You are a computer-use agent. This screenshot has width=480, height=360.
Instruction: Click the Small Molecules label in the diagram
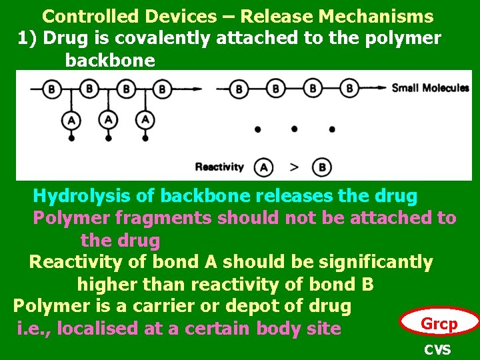tap(430, 88)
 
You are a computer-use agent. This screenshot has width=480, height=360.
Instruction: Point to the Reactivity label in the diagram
tap(219, 167)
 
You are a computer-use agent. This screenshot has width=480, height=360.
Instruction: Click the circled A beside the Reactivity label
tap(265, 167)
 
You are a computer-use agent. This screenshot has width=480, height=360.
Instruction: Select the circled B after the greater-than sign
tap(323, 167)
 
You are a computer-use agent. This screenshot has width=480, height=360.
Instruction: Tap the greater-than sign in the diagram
tap(295, 167)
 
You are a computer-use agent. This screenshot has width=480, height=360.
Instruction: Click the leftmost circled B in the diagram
tap(52, 88)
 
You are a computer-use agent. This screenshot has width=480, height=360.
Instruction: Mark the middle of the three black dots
tap(294, 129)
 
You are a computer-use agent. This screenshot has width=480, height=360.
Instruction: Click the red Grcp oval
tap(439, 324)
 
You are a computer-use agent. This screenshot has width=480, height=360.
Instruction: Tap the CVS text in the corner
tap(437, 350)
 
